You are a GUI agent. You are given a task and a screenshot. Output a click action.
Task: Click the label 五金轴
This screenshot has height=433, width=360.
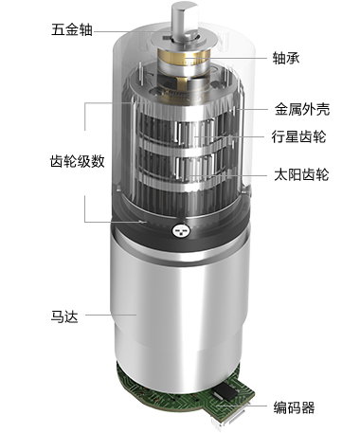coord(72,30)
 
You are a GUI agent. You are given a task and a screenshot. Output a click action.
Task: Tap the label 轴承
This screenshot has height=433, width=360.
coord(286,58)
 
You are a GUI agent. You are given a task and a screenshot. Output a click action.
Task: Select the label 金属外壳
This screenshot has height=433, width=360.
coord(302,110)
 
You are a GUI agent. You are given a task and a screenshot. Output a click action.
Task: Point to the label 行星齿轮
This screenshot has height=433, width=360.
coord(298,136)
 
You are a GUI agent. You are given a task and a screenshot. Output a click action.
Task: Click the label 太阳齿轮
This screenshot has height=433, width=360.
coord(301,174)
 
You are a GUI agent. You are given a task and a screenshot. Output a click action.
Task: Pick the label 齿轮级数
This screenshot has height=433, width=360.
coord(78,161)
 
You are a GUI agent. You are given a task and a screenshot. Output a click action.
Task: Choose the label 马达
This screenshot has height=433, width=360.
coord(64,316)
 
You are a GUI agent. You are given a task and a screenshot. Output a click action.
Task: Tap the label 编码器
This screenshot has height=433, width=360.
coord(294,407)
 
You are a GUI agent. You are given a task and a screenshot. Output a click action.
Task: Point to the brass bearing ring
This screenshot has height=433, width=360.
coord(183,60)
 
